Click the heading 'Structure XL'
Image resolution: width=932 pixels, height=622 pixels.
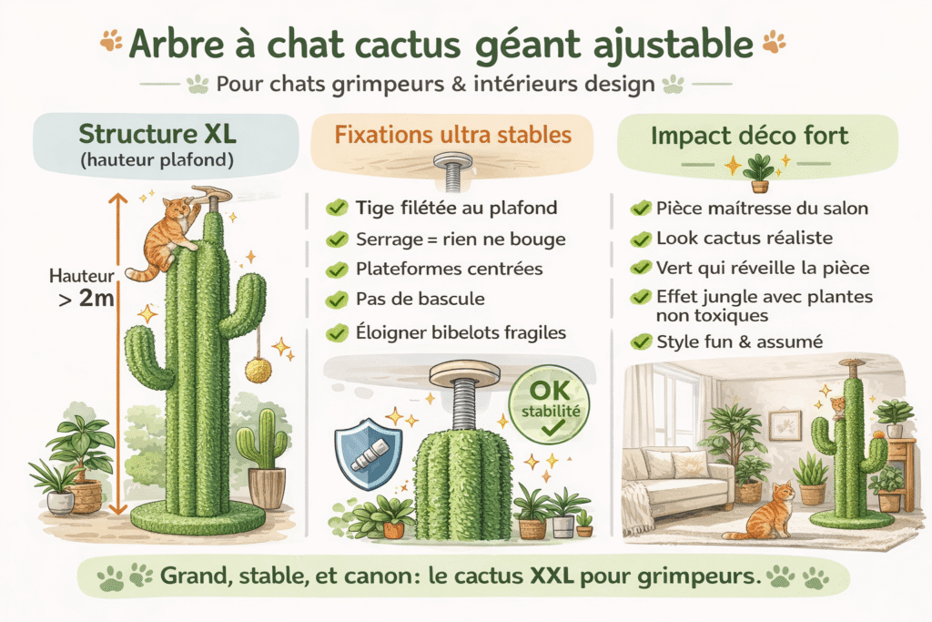(157, 134)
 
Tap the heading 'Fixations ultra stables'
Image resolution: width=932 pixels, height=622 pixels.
(451, 136)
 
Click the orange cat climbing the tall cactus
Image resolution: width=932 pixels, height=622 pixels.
(170, 236)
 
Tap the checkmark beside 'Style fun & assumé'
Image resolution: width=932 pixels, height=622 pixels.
(641, 342)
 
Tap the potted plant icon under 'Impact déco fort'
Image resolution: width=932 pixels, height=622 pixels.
(759, 172)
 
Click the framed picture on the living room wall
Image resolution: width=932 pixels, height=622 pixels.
(785, 424)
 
